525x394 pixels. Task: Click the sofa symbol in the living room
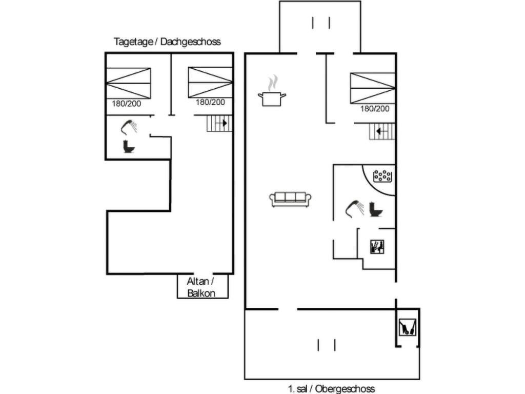[291, 199]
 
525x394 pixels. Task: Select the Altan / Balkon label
[200, 287]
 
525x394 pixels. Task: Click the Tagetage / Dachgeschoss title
[167, 42]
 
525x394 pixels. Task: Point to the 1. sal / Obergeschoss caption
[331, 388]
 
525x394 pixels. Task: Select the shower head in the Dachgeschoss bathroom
[129, 126]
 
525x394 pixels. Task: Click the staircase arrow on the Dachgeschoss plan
[224, 123]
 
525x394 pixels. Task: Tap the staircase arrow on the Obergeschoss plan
[378, 131]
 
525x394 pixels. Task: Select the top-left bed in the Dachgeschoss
[128, 83]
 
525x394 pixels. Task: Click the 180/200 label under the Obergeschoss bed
[375, 108]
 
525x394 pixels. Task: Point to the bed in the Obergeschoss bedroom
[373, 88]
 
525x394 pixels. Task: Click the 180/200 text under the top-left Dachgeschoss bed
[127, 104]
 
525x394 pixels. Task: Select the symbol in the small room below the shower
[377, 247]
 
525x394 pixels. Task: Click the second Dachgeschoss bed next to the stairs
[210, 82]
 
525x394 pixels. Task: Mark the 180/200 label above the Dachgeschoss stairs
[210, 102]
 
